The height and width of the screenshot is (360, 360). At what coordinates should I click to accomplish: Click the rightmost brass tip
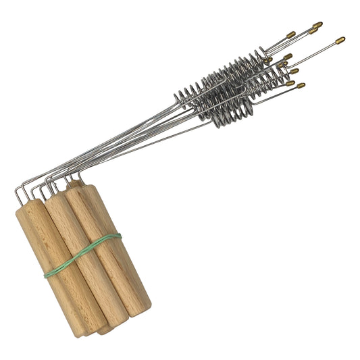[x=340, y=40]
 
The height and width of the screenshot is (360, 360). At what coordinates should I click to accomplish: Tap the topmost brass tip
[x=317, y=25]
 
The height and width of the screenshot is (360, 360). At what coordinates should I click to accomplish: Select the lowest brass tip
[x=300, y=86]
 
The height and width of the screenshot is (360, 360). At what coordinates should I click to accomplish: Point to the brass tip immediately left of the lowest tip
[x=290, y=83]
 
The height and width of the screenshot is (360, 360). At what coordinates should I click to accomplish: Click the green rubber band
[x=84, y=254]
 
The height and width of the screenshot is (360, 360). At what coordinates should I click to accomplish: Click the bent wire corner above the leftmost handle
[x=21, y=184]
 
